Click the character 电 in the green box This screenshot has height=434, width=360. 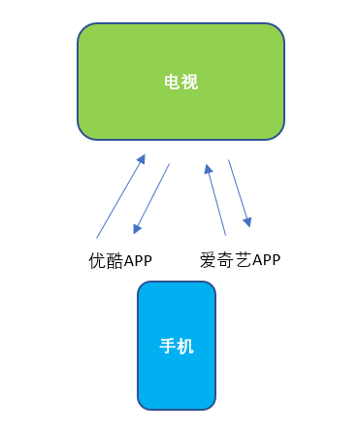click(171, 83)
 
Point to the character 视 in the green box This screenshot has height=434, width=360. click(189, 83)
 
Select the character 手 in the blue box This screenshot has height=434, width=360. click(167, 345)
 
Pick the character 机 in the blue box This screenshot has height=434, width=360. click(185, 345)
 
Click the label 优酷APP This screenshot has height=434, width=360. click(119, 260)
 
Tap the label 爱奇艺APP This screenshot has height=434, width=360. click(240, 260)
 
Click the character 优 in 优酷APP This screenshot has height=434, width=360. click(95, 260)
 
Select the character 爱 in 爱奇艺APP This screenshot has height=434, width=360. click(208, 260)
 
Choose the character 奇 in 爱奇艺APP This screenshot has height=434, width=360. click(223, 260)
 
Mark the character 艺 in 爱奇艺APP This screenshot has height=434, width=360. click(239, 260)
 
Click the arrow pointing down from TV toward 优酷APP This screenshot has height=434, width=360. click(152, 198)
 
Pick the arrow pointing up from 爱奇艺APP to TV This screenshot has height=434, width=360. click(216, 199)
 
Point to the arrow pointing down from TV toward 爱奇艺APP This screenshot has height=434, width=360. click(239, 193)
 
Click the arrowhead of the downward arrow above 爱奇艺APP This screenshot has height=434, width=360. click(248, 222)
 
